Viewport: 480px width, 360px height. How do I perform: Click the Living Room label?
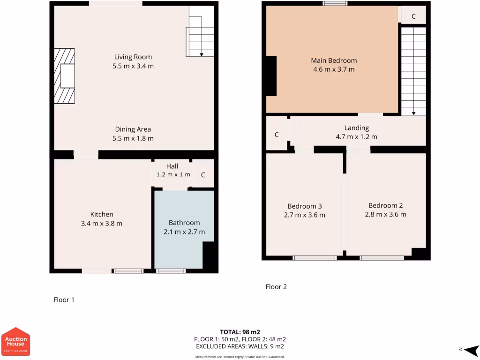133,57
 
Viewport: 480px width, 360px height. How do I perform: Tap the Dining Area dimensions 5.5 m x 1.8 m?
133,138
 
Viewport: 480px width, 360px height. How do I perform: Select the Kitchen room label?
102,214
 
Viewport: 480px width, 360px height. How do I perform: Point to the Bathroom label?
184,223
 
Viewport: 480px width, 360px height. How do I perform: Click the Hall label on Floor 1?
172,166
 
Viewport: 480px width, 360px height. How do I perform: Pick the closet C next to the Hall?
203,175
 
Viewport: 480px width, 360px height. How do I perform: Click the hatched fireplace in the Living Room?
64,75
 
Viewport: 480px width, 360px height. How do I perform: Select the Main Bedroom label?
334,60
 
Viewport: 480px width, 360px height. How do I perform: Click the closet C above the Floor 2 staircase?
413,16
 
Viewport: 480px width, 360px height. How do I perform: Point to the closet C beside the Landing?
277,135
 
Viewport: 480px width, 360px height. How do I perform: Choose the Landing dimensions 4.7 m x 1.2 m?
356,137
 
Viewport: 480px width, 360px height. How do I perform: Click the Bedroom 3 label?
304,206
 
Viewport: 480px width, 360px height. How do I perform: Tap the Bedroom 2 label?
385,205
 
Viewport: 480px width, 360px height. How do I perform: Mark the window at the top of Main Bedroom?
335,4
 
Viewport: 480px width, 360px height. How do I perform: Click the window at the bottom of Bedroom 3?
315,257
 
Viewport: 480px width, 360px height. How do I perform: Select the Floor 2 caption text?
276,286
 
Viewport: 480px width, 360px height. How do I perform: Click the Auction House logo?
16,341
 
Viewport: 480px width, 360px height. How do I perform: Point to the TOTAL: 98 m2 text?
240,332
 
